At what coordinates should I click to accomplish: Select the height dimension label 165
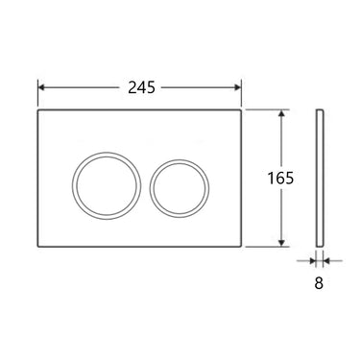pyautogui.click(x=281, y=179)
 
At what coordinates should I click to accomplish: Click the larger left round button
pyautogui.click(x=97, y=179)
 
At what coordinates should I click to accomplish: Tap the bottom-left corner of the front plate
pyautogui.click(x=39, y=247)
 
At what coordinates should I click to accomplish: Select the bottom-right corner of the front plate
pyautogui.click(x=244, y=247)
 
